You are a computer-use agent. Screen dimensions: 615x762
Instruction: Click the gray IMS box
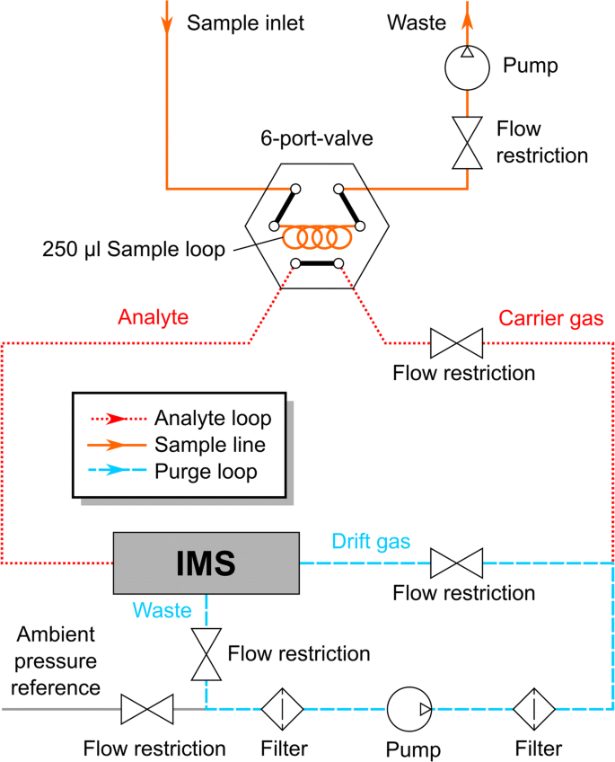pyautogui.click(x=206, y=563)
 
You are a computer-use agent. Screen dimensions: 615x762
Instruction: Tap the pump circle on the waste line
pyautogui.click(x=467, y=67)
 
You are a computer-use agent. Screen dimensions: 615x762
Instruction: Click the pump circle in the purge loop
pyautogui.click(x=409, y=709)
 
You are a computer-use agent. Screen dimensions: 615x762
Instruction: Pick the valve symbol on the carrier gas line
pyautogui.click(x=456, y=343)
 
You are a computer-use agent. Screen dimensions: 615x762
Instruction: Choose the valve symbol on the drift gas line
pyautogui.click(x=456, y=563)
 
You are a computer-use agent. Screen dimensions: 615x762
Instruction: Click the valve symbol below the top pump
pyautogui.click(x=467, y=143)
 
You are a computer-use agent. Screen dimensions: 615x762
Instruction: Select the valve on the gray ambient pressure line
pyautogui.click(x=147, y=709)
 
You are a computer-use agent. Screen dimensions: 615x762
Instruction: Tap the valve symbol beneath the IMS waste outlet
pyautogui.click(x=206, y=654)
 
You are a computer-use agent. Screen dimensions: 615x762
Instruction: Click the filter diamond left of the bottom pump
pyautogui.click(x=283, y=709)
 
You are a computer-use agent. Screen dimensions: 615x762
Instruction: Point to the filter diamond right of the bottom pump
pyautogui.click(x=534, y=709)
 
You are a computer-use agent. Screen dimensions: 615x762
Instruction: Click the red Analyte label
pyautogui.click(x=153, y=317)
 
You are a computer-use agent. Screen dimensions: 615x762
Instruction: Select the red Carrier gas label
pyautogui.click(x=551, y=318)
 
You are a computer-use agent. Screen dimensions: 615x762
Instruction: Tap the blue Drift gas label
pyautogui.click(x=371, y=541)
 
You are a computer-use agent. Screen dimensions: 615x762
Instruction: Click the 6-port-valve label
pyautogui.click(x=317, y=138)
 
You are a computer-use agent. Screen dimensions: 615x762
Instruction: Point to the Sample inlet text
pyautogui.click(x=246, y=22)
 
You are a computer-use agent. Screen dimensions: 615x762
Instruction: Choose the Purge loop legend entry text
pyautogui.click(x=206, y=472)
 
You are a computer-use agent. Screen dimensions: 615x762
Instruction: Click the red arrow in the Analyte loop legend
pyautogui.click(x=117, y=419)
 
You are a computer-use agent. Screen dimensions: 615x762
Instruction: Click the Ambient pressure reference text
pyautogui.click(x=56, y=661)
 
